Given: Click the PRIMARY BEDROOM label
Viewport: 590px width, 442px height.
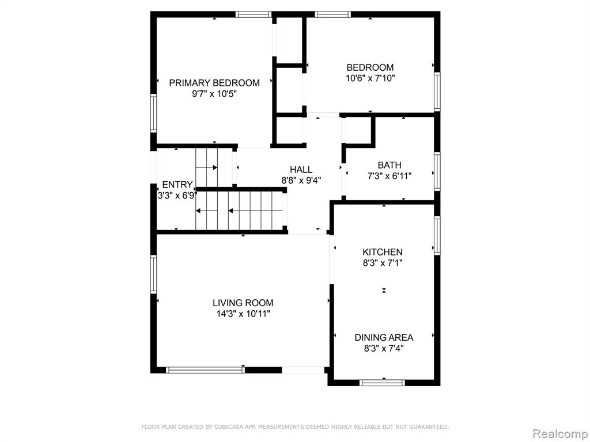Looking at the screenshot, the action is (214, 83).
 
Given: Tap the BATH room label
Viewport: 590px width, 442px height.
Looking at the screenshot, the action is (389, 165).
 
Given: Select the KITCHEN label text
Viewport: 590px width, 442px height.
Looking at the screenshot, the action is (383, 252).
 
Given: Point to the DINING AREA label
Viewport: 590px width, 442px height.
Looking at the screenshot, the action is (384, 337).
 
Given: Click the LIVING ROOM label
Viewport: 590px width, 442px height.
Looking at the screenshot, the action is (243, 303).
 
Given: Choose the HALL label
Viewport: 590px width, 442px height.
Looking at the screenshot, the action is (301, 170).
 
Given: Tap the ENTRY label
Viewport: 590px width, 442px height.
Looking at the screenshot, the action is (177, 185).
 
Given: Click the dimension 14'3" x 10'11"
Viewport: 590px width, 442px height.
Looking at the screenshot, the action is (243, 314).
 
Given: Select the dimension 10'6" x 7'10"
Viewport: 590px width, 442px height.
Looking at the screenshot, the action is (370, 78).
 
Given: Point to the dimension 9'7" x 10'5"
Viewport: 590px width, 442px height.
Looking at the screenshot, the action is (214, 94).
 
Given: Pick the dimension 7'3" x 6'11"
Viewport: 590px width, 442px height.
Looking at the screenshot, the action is (389, 176).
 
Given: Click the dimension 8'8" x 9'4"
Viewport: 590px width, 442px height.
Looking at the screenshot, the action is (301, 180).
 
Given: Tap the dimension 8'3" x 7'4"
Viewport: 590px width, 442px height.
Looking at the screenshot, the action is (384, 348).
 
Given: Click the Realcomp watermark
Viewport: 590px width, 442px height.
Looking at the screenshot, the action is (560, 433).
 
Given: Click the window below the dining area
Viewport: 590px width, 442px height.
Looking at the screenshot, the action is (382, 383).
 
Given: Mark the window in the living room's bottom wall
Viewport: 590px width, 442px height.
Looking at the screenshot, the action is (205, 370).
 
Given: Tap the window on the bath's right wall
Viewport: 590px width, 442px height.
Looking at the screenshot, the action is (437, 172).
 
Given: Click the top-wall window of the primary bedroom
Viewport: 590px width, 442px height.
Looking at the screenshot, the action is (254, 14).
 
